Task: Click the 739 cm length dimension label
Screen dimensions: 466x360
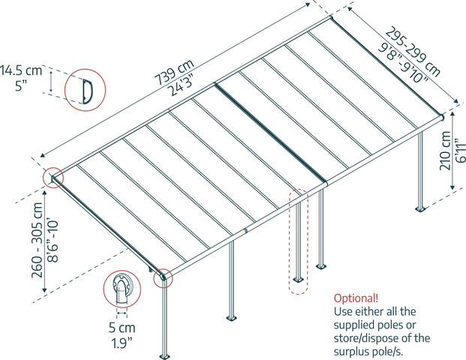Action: point(174,71)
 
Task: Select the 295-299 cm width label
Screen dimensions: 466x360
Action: point(413,52)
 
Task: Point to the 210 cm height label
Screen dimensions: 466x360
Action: point(445,151)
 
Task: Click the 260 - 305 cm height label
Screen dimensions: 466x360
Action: point(38,240)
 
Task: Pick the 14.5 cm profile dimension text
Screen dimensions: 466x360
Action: point(21,71)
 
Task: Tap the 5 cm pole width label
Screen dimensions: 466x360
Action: point(122,328)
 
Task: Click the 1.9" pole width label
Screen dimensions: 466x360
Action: point(122,343)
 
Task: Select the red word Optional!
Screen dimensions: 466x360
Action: point(356,298)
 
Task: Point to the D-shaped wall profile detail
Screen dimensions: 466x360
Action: point(88,91)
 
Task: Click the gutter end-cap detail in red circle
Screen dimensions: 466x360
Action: point(122,289)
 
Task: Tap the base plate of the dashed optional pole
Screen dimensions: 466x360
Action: point(298,280)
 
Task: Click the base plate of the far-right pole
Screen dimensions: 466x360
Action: point(420,208)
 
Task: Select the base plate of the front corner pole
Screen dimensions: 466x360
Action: point(164,356)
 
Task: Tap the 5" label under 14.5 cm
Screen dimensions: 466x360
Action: point(21,86)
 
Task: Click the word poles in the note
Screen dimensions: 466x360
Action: point(401,325)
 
